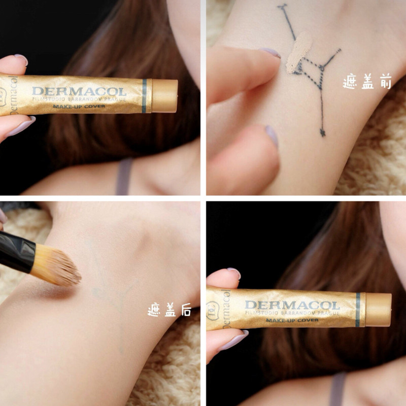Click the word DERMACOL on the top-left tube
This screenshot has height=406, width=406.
pos(79,91)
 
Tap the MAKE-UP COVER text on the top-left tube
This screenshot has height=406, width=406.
pos(79,106)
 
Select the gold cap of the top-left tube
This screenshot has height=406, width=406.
pos(164,96)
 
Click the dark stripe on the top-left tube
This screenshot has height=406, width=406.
pos(144,96)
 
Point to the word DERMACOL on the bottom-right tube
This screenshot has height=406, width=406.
pos(292,306)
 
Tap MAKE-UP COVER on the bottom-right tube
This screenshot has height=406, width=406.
pos(292,320)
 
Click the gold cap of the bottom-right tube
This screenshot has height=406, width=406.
pos(378,310)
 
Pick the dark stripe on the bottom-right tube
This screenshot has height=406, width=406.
pos(358,310)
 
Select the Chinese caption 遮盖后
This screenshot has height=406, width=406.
pos(170,310)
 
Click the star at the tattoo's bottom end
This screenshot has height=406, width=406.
pos(323,132)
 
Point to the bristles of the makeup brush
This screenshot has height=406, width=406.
pos(56,265)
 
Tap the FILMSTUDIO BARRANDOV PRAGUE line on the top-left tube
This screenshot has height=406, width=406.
pos(79,99)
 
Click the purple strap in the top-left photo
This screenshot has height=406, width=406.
pos(124,177)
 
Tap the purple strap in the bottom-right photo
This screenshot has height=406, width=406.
pos(337,389)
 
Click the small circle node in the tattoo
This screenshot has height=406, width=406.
pos(322,68)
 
